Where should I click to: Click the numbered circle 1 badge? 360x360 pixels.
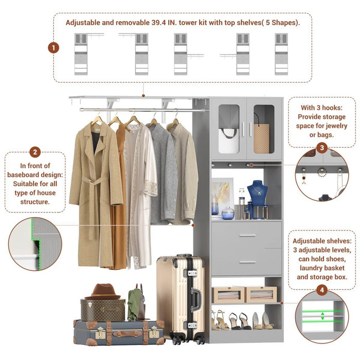[x=53, y=48]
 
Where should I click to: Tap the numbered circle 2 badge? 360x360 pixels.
[x=35, y=152]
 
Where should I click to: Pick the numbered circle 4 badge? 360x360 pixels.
[x=322, y=291]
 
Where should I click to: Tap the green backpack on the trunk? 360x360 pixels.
[x=135, y=303]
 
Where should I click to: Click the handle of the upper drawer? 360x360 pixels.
[x=247, y=236]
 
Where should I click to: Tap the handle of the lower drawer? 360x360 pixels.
[x=247, y=262]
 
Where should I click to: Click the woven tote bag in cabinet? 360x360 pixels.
[x=261, y=137]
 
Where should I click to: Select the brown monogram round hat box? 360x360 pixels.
[x=102, y=310]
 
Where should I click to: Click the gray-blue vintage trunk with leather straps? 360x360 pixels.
[x=119, y=332]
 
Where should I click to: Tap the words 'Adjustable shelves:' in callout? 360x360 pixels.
[x=322, y=240]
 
